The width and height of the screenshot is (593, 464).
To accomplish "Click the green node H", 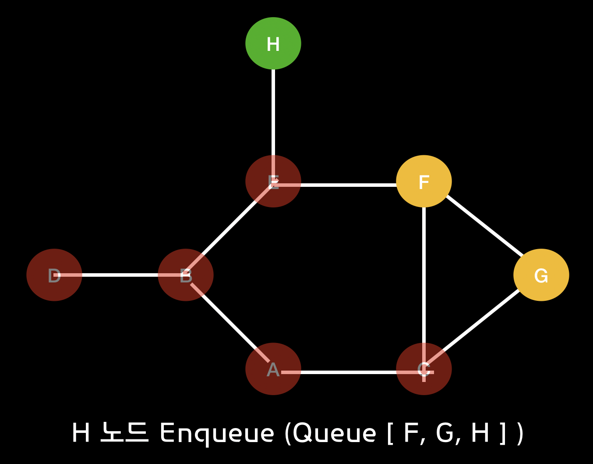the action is click(x=273, y=43).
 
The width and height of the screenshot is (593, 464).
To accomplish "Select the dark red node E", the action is click(x=273, y=181).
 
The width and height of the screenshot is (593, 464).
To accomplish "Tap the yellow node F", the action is click(x=424, y=181).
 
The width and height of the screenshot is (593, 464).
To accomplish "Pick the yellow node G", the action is click(x=541, y=275).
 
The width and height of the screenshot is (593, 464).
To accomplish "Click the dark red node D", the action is click(x=54, y=275).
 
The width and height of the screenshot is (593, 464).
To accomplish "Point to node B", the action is click(x=186, y=275).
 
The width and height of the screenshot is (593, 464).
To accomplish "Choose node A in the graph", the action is click(x=273, y=369).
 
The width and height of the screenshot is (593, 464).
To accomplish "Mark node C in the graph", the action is click(x=424, y=369).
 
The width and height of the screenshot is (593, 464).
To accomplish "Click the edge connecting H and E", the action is click(x=273, y=112).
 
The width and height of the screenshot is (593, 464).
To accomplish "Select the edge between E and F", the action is click(x=349, y=185).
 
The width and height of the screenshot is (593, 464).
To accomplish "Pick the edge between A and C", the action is click(x=349, y=372).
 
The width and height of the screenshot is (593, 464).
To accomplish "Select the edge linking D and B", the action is click(x=120, y=275).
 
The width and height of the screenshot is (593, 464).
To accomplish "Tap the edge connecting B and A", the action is click(x=229, y=322).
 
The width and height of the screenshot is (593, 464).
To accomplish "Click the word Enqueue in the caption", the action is click(x=217, y=433).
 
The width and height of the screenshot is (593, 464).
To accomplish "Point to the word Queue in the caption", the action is click(x=335, y=433).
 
